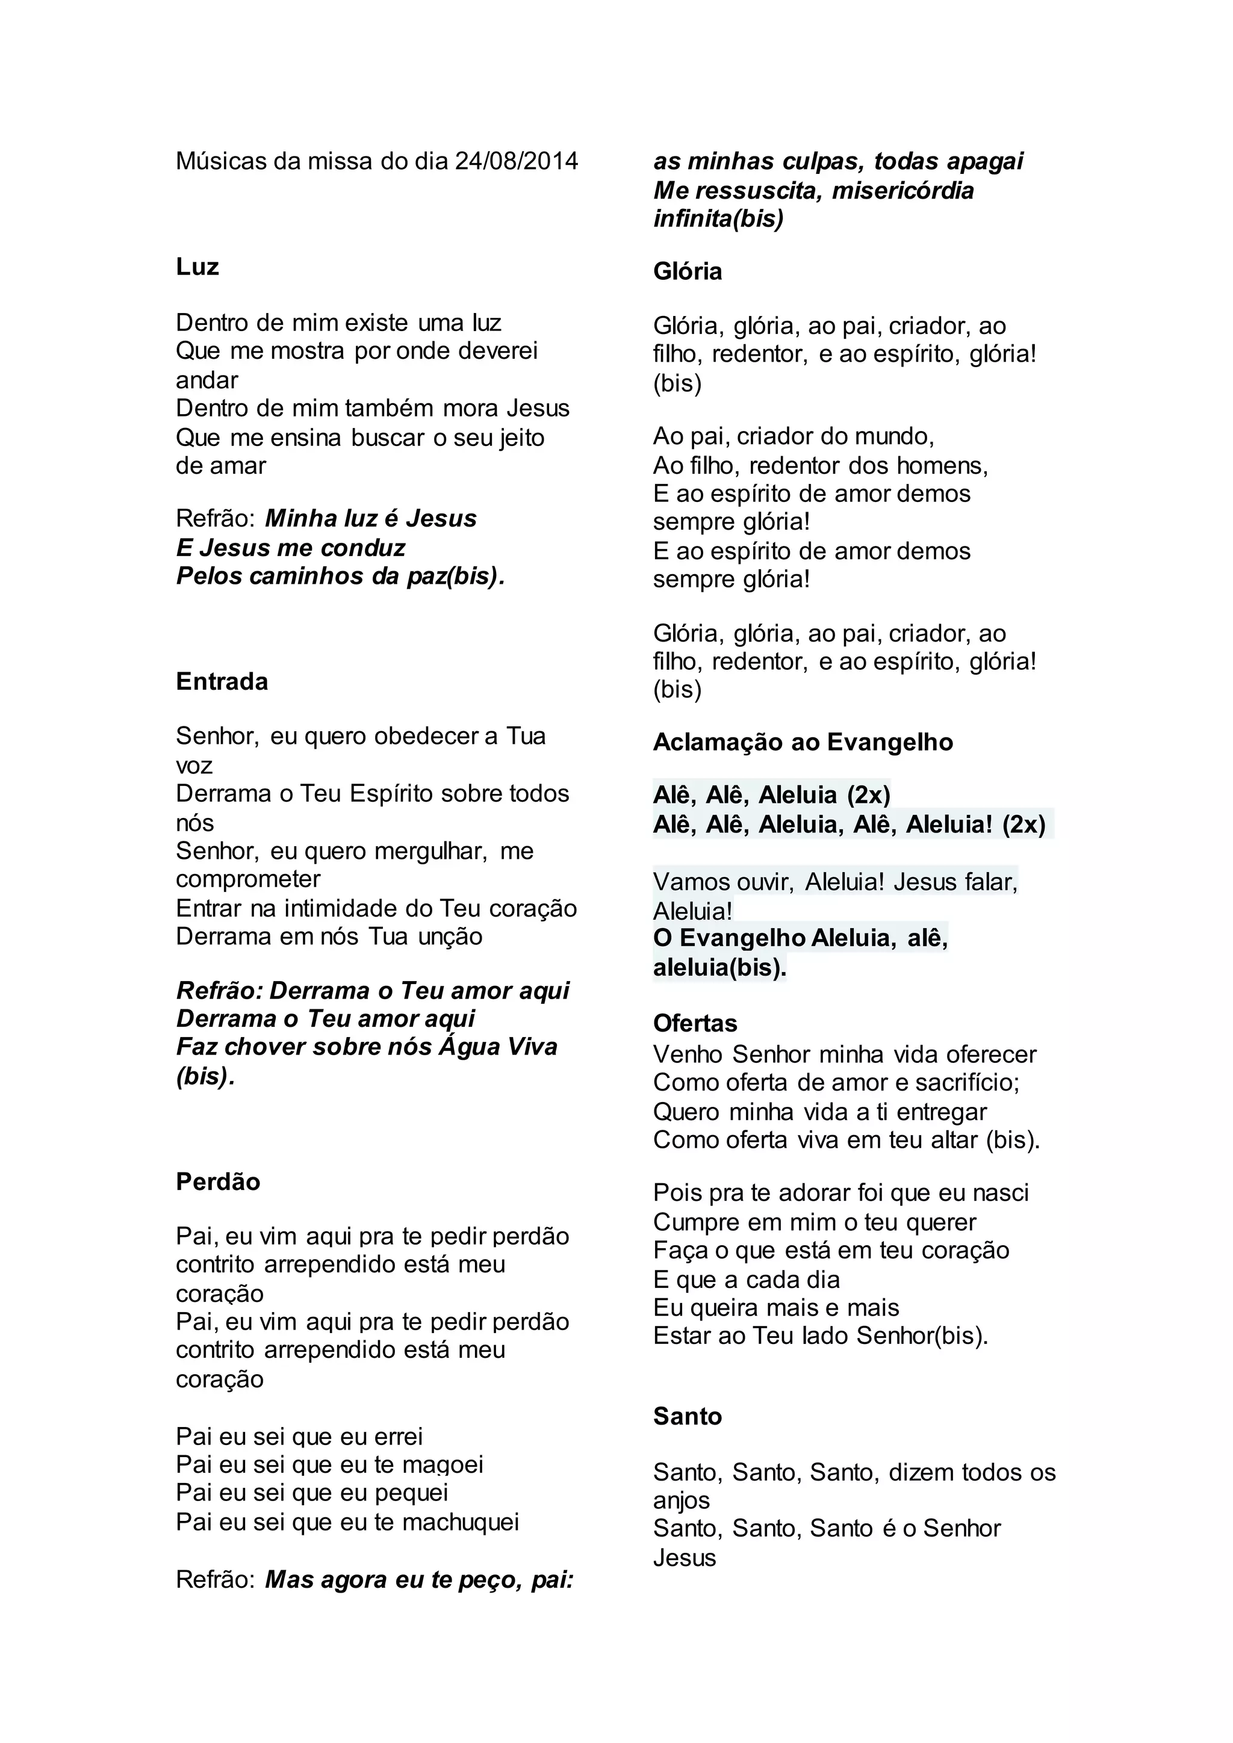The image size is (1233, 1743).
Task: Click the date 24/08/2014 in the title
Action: [x=517, y=162]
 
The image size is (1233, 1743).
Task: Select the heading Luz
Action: [x=197, y=267]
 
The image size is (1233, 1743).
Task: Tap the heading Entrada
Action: [x=222, y=682]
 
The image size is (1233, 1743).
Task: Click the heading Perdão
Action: [x=218, y=1182]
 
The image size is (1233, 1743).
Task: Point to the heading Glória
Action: [x=687, y=272]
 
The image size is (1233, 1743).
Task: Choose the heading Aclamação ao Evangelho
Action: [x=803, y=743]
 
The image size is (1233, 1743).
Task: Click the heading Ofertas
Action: [x=695, y=1023]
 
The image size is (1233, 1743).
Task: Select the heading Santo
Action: [x=687, y=1417]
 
